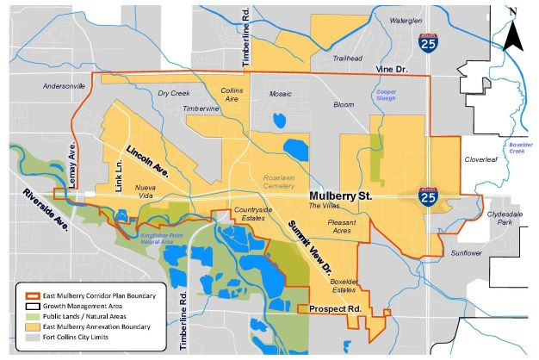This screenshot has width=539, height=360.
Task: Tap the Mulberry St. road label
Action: point(340,196)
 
